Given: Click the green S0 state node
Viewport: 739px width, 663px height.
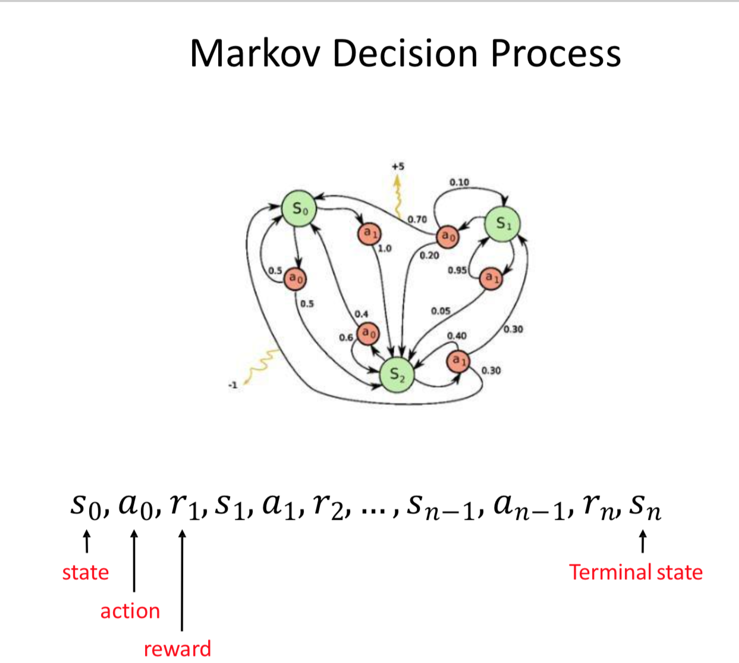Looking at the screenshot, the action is pyautogui.click(x=299, y=208).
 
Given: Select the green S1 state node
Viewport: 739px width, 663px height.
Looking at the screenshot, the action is pyautogui.click(x=502, y=224).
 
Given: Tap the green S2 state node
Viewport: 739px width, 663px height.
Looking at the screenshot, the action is pyautogui.click(x=397, y=375).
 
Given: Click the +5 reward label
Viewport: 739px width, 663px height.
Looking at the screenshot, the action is pyautogui.click(x=398, y=166).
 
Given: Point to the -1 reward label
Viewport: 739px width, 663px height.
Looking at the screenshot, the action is pyautogui.click(x=232, y=385).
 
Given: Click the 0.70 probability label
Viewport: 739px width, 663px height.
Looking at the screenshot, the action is pyautogui.click(x=417, y=219).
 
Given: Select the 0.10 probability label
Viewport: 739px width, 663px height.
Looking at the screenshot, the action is pyautogui.click(x=459, y=182).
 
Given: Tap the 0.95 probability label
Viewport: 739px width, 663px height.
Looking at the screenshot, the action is pyautogui.click(x=457, y=271).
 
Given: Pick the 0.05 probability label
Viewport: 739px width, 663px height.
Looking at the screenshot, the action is pyautogui.click(x=441, y=311).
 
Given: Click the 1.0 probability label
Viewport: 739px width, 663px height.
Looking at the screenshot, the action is pyautogui.click(x=385, y=249).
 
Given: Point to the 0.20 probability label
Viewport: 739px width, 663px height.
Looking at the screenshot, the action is pyautogui.click(x=429, y=256).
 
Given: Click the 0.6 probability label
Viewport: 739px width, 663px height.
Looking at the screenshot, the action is pyautogui.click(x=346, y=338).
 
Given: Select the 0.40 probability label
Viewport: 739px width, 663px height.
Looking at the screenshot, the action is pyautogui.click(x=457, y=336).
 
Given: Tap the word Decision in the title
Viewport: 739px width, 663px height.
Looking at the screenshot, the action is pyautogui.click(x=405, y=54).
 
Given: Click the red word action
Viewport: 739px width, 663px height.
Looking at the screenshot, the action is pyautogui.click(x=130, y=611).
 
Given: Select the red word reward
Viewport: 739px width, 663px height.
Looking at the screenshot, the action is pyautogui.click(x=177, y=649).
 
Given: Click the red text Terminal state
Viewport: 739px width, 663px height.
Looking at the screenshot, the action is pyautogui.click(x=636, y=572).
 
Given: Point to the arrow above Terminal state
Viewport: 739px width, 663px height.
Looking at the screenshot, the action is pyautogui.click(x=643, y=542).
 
